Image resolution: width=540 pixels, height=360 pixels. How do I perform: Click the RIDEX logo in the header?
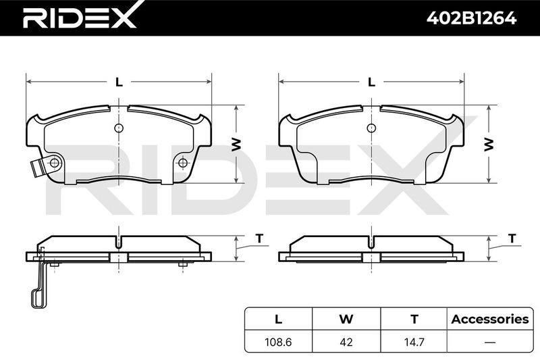80,16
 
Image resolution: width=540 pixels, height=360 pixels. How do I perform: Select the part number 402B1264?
471,18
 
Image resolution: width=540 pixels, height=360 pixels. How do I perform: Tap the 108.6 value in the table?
278,342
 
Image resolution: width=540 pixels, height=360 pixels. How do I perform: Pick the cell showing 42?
346,342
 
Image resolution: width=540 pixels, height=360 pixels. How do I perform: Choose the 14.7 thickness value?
414,342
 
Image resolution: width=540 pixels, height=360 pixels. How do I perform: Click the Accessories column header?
490,319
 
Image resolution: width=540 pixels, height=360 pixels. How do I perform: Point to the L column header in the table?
278,319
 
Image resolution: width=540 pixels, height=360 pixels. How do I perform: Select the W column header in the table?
346,319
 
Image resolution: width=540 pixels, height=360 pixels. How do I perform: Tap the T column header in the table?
414,319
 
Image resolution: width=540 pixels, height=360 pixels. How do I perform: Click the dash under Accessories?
490,342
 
